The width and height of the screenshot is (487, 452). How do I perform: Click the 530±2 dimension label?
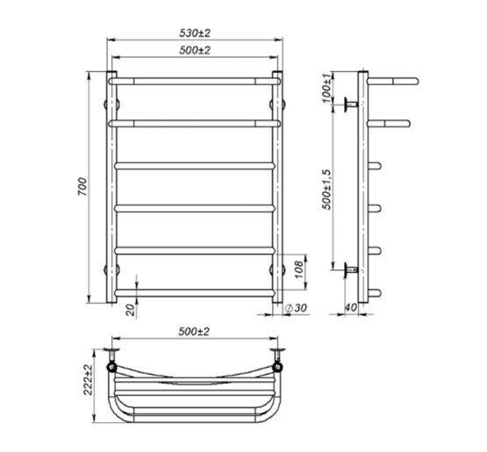click(195, 33)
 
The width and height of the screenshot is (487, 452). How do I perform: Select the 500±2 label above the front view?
click(195, 50)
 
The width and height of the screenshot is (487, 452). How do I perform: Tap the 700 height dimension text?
click(82, 187)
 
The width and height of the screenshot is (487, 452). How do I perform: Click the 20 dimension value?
click(132, 310)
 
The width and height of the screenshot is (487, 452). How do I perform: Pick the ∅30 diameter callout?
click(296, 308)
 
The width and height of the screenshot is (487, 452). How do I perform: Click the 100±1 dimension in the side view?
click(326, 89)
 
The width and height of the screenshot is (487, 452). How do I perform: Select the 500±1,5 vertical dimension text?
click(326, 190)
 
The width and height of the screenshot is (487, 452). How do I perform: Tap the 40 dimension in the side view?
click(351, 307)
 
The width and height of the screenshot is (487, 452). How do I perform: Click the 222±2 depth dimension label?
click(88, 379)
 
